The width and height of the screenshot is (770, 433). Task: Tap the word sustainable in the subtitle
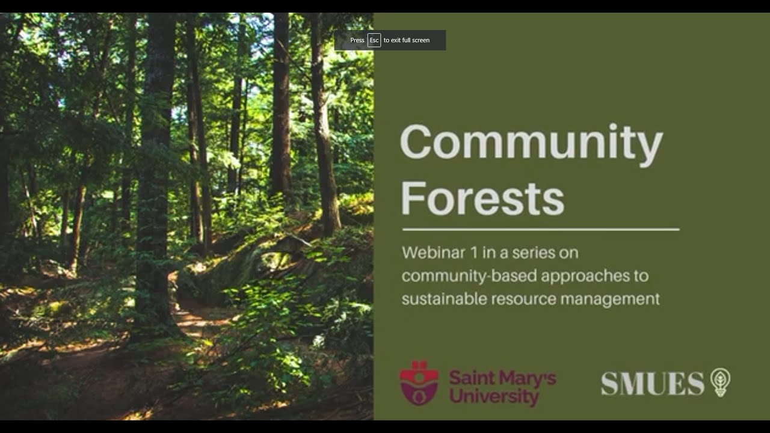(436, 299)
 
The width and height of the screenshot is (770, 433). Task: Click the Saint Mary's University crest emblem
(419, 382)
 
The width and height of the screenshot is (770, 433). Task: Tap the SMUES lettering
(653, 384)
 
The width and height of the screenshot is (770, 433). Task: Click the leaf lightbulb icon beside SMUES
(720, 382)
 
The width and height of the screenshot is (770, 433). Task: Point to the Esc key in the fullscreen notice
(374, 40)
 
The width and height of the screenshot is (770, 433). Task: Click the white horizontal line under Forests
(540, 229)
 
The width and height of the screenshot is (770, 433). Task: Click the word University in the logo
(494, 396)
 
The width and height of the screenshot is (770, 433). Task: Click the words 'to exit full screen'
(407, 40)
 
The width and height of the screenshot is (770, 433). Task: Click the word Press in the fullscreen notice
(357, 40)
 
